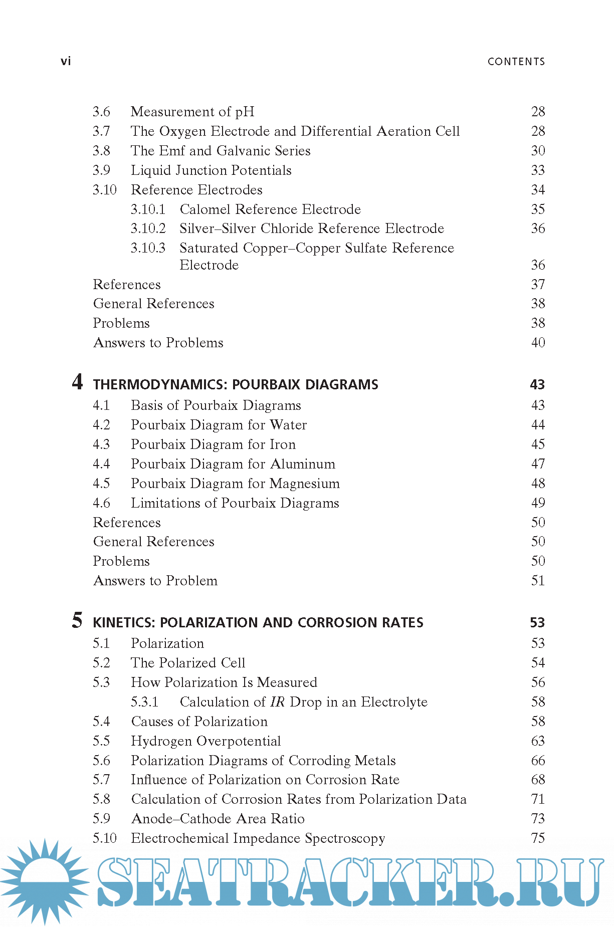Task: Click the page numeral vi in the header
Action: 66,61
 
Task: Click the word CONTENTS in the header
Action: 516,62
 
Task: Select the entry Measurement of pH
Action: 192,112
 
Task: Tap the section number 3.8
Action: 101,151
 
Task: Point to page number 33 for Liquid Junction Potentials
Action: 538,170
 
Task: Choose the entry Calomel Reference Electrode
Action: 270,209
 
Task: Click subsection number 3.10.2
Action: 148,228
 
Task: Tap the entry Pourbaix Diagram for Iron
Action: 213,444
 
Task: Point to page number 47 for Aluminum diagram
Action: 538,464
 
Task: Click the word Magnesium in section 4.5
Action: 305,484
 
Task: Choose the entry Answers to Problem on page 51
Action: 155,581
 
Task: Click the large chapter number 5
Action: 77,620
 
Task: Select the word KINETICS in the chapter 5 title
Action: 124,623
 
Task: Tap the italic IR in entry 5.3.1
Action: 277,702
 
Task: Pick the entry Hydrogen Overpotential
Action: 206,741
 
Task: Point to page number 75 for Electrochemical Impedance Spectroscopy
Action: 538,838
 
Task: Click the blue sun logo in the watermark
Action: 45,881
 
